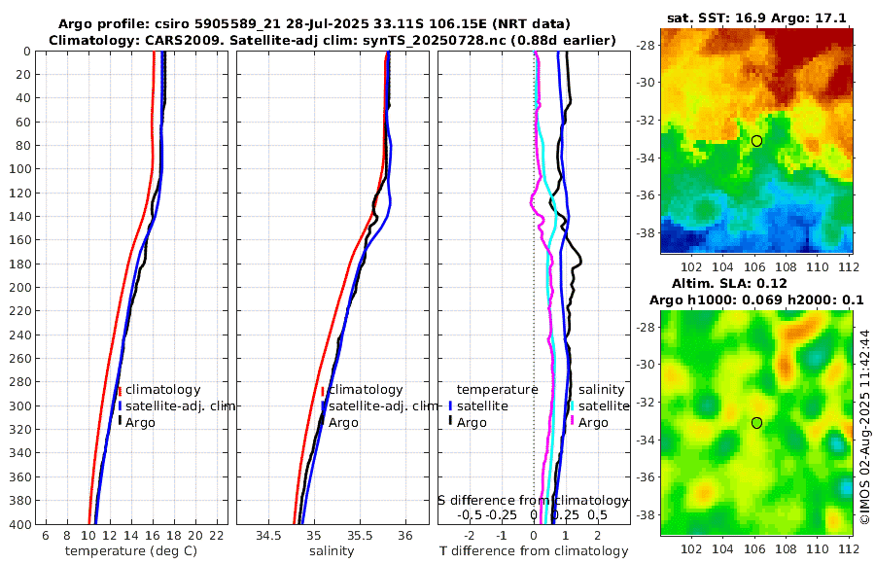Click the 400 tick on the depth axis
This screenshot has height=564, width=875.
[x=17, y=524]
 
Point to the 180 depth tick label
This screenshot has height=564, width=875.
[x=17, y=264]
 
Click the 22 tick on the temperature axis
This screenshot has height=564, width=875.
[x=217, y=536]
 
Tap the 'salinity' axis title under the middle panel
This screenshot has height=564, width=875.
[x=332, y=551]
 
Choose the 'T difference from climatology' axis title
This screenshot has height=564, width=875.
[x=534, y=551]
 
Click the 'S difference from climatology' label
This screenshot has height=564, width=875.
[x=533, y=499]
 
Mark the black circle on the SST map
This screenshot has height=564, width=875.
[x=756, y=141]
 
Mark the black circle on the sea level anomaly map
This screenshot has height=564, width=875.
[x=756, y=422]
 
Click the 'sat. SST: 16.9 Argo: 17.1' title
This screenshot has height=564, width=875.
[x=757, y=18]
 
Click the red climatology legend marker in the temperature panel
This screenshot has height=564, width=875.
[x=119, y=390]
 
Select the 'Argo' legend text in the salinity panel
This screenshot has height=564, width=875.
[x=343, y=422]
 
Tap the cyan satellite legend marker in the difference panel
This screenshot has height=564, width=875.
[x=572, y=405]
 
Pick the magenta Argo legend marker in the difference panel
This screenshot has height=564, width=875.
[x=572, y=422]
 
